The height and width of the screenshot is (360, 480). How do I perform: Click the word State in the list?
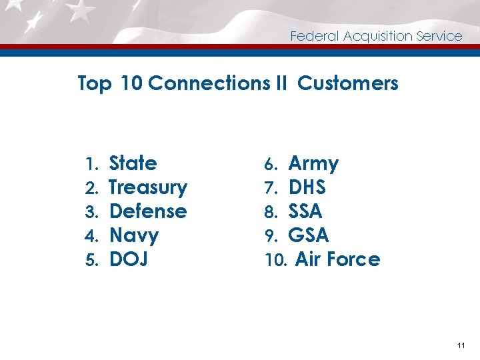tap(133, 163)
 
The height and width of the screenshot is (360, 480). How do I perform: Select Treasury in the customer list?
tap(147, 187)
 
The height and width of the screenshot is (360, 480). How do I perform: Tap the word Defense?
tap(147, 211)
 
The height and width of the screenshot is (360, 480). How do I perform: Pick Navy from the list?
tap(133, 235)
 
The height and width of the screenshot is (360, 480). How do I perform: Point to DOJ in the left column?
tap(128, 259)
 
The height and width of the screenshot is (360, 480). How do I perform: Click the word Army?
tap(313, 163)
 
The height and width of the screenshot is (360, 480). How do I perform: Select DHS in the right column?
tap(307, 187)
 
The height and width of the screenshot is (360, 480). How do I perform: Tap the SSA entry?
tap(305, 211)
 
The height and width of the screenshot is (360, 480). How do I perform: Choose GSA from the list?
tap(308, 235)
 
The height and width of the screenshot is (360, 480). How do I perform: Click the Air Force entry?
tap(337, 259)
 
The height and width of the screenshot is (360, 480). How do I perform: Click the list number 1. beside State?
tap(92, 164)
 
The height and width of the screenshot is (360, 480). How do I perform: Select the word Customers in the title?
tap(348, 83)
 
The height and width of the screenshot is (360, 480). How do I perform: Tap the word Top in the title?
tap(95, 84)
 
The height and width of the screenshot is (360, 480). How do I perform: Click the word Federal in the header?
tap(314, 37)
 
